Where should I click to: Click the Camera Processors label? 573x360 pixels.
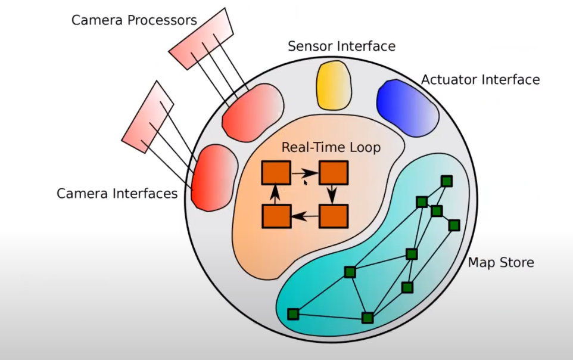(x=134, y=20)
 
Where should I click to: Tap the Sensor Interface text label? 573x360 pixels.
(x=342, y=46)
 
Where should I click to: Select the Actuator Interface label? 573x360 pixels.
(x=481, y=80)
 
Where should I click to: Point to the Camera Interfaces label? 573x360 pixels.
(x=117, y=194)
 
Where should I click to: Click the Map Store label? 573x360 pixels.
(x=501, y=262)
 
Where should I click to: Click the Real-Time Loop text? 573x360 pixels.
(x=331, y=147)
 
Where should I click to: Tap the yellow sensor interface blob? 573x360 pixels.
(x=334, y=85)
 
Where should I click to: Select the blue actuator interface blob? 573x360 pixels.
(x=407, y=108)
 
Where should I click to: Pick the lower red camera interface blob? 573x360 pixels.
(x=214, y=178)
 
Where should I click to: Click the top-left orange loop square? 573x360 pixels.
(x=276, y=173)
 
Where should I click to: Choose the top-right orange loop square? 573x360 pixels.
(x=334, y=173)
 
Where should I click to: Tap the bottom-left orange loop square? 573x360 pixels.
(x=276, y=216)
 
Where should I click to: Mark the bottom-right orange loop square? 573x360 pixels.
(x=334, y=216)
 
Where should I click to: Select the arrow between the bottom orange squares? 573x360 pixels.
(x=305, y=216)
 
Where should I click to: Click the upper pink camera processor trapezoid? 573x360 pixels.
(x=201, y=38)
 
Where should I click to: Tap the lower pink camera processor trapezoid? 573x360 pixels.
(x=148, y=117)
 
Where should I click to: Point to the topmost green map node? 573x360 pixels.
(x=447, y=181)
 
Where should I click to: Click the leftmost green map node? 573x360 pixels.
(x=293, y=314)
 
